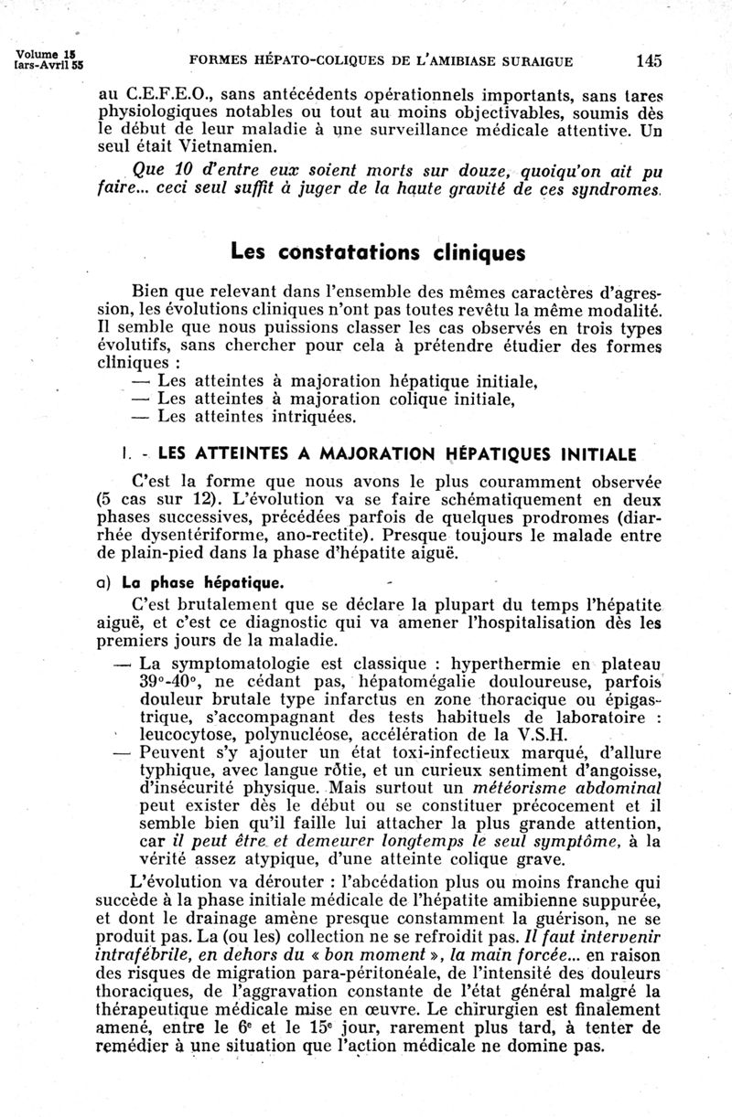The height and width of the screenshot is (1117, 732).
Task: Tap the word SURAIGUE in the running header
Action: pos(534,62)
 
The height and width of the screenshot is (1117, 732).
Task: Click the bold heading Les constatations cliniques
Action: pos(378,252)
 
